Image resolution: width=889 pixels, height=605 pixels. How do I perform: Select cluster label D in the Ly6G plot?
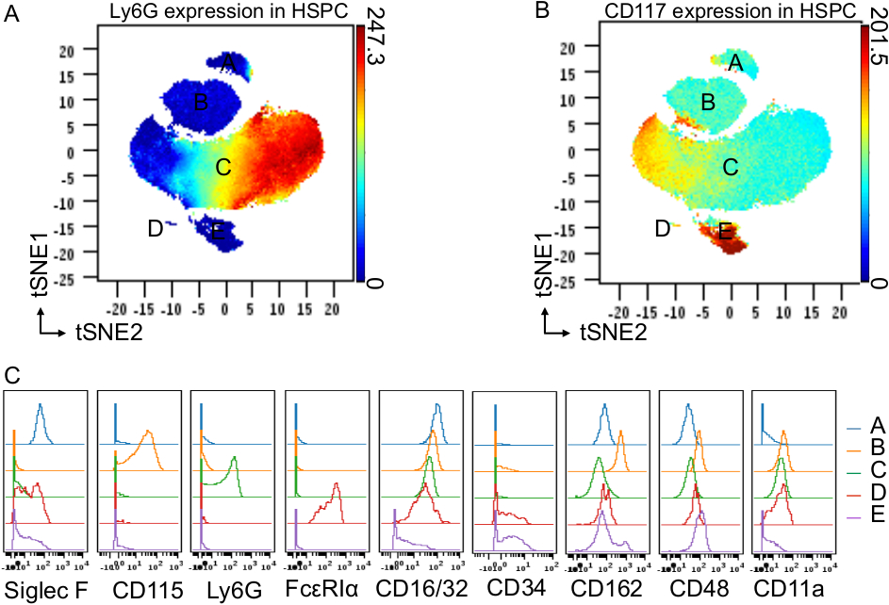coord(155,228)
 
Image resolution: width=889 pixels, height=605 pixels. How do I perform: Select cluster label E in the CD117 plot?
coord(726,231)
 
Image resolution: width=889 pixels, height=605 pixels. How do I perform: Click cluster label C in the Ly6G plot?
coord(223,168)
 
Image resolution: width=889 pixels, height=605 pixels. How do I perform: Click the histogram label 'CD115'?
coord(139,591)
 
